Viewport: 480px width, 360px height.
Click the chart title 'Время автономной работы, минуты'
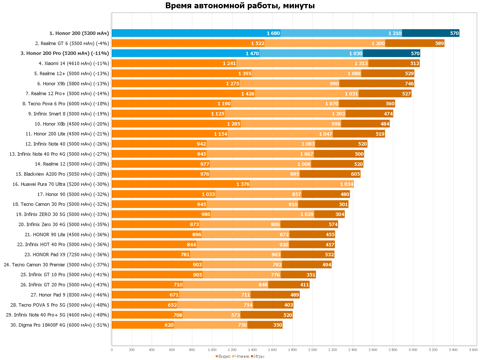pyautogui.click(x=240, y=6)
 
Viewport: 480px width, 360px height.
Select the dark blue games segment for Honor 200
pyautogui.click(x=430, y=33)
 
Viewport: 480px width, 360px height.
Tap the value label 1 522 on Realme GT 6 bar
pyautogui.click(x=258, y=43)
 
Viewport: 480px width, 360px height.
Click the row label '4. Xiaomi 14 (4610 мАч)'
pyautogui.click(x=74, y=63)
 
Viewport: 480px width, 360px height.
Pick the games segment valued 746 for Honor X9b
pyautogui.click(x=377, y=83)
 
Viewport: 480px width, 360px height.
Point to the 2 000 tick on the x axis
pyautogui.click(x=313, y=350)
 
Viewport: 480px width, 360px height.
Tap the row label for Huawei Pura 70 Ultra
pyautogui.click(x=61, y=184)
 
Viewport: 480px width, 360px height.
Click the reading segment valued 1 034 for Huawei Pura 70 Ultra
pyautogui.click(x=302, y=184)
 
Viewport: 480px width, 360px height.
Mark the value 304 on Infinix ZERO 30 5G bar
pyautogui.click(x=340, y=214)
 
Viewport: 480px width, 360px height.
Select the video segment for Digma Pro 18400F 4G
pyautogui.click(x=143, y=325)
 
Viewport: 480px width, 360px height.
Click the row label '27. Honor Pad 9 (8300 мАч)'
pyautogui.click(x=70, y=295)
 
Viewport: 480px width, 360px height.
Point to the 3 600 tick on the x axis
pyautogui.click(x=473, y=350)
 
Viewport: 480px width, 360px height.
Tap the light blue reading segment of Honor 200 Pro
pyautogui.click(x=311, y=53)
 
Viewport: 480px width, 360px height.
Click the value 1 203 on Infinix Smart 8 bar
pyautogui.click(x=338, y=114)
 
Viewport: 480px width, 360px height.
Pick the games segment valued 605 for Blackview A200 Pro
pyautogui.click(x=330, y=174)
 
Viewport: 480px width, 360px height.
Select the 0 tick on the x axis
pyautogui.click(x=112, y=350)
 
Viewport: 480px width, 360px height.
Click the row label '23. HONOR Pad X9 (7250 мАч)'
pyautogui.click(x=67, y=255)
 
